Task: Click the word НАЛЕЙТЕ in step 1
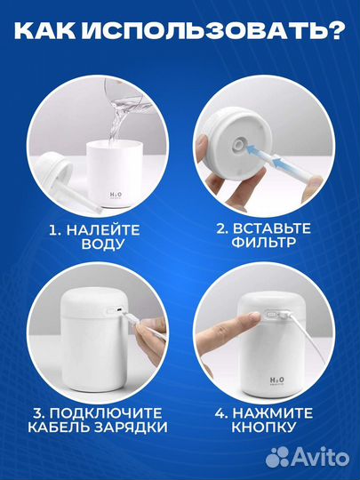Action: point(103,230)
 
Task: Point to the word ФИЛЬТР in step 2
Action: point(264,242)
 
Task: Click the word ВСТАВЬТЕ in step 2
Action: point(272,228)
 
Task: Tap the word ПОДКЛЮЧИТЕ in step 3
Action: point(106,413)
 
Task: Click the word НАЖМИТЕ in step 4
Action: point(273,413)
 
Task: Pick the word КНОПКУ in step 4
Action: point(264,427)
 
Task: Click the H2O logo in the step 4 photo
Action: point(276,380)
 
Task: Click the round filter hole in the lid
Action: point(238,143)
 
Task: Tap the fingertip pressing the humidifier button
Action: point(255,316)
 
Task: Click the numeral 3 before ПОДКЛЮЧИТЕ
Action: point(37,413)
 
